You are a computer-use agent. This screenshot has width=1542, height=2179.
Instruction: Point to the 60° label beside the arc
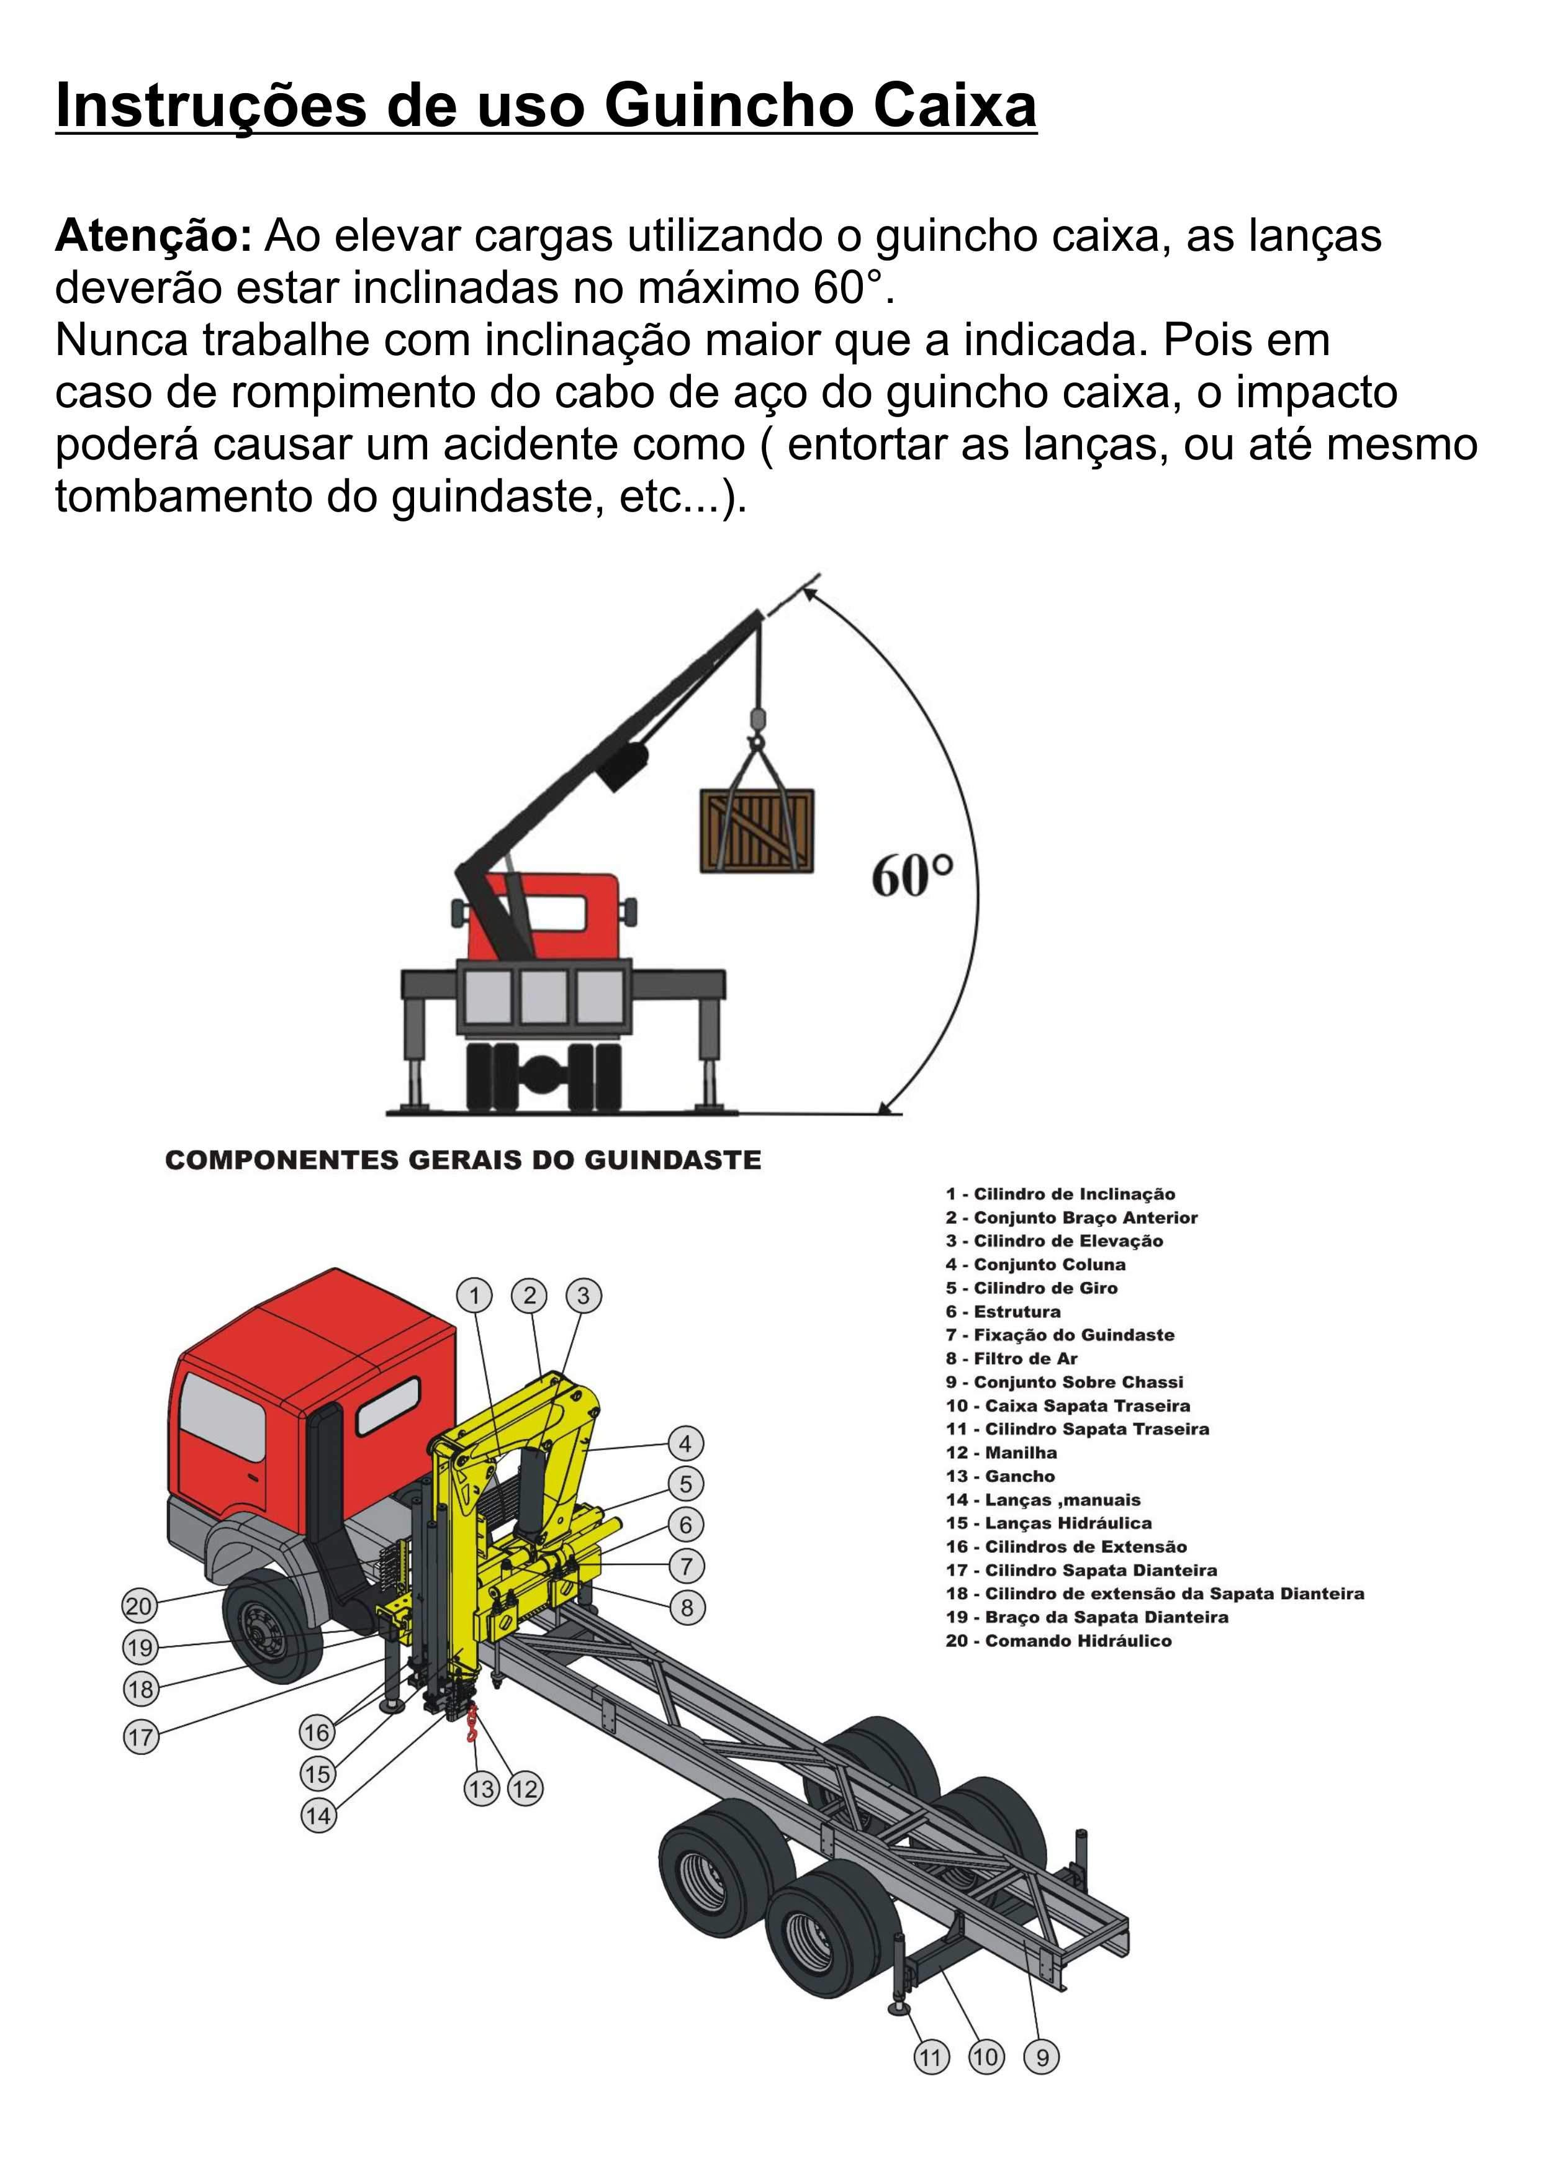911,875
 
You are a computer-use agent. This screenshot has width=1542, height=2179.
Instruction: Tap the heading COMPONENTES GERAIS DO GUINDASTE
462,1160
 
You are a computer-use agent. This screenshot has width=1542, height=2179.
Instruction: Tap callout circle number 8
687,1608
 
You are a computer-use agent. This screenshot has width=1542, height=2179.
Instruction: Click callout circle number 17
140,1738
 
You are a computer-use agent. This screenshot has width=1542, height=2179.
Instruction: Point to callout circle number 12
525,1790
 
